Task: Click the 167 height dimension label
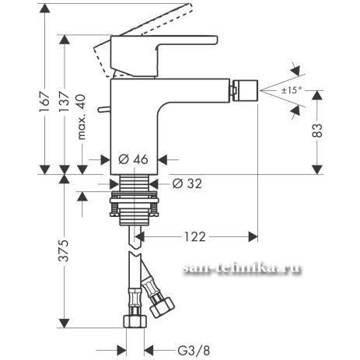pos(44,101)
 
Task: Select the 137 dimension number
pos(64,101)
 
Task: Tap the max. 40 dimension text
pos(82,117)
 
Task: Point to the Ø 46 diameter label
pos(133,159)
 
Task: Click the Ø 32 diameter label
pos(187,183)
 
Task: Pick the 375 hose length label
pos(64,250)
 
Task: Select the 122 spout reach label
pos(195,236)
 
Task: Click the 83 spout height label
pos(317,131)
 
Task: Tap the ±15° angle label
pos(292,90)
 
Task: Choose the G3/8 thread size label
pos(194,351)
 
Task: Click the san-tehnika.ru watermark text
pos(242,268)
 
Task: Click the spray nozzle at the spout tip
pos(245,91)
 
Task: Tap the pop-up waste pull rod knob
pos(104,110)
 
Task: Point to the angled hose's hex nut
pos(163,307)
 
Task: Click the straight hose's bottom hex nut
pos(135,322)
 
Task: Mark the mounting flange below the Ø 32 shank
pos(135,204)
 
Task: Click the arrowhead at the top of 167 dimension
pos(44,9)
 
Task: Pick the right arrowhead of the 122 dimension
pos(253,236)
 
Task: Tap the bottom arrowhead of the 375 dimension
pos(64,323)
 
